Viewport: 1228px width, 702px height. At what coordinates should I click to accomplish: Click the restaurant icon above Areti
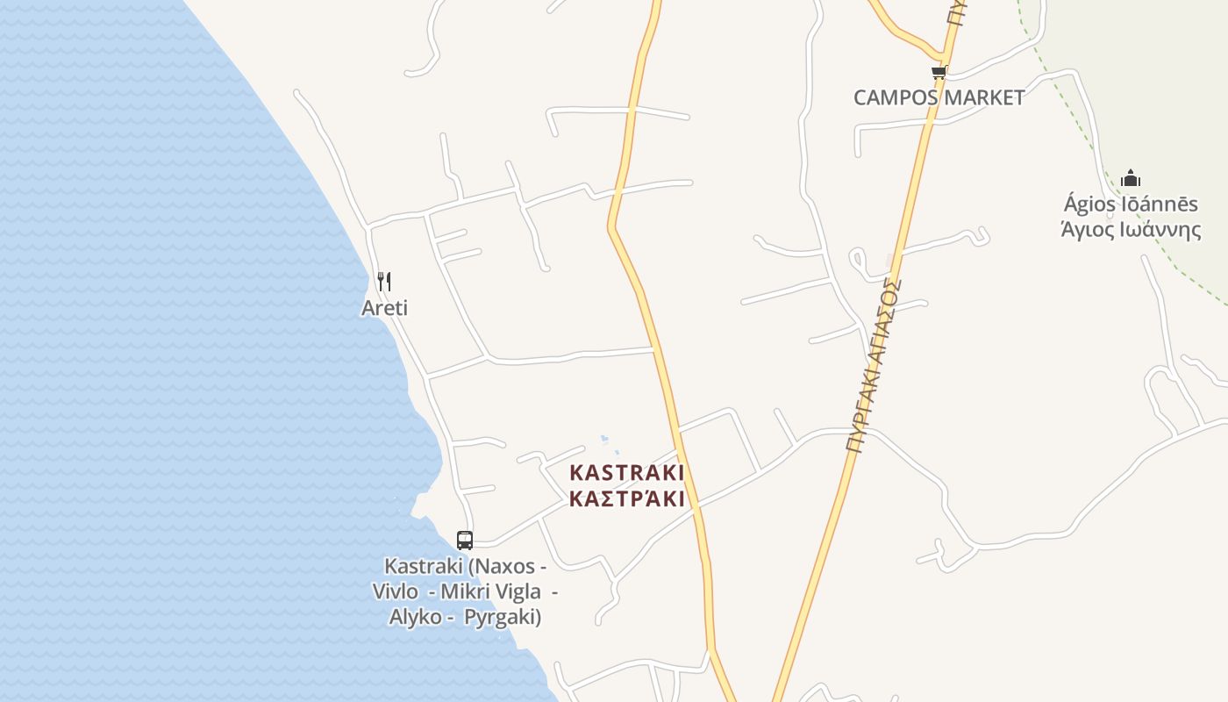tap(383, 281)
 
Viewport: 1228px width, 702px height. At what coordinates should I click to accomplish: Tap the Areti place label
tap(384, 308)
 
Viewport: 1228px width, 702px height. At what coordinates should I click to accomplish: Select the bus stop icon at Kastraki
tap(465, 541)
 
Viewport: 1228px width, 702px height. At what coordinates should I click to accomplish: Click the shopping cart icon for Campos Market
tap(939, 73)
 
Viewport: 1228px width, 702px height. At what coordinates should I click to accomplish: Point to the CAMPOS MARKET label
tap(939, 97)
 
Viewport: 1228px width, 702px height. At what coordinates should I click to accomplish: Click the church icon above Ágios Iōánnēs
tap(1131, 179)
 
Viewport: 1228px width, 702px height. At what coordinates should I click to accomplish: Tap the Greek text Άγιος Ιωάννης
tap(1131, 230)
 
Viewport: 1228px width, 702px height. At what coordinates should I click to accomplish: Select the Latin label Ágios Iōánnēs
tap(1131, 204)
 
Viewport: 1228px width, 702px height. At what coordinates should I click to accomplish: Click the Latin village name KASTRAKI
tap(626, 472)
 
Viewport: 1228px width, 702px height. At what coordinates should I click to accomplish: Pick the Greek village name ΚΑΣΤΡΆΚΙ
tap(626, 499)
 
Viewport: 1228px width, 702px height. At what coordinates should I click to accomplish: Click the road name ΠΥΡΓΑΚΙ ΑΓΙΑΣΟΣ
tap(874, 364)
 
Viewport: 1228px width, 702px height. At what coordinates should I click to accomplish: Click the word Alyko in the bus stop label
tap(416, 616)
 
